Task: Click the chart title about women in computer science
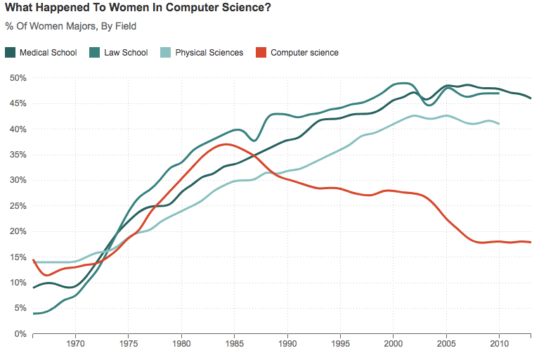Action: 138,8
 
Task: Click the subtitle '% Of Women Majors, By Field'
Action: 70,27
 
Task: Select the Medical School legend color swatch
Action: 10,53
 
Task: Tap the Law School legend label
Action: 126,53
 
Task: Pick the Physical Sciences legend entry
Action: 209,53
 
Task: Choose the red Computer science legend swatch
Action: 261,53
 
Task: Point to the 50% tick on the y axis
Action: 18,78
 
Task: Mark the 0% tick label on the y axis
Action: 20,334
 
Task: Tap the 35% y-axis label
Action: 18,155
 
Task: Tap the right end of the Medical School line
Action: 531,98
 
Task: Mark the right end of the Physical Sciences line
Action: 499,124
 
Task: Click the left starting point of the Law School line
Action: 33,314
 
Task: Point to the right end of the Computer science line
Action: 531,242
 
